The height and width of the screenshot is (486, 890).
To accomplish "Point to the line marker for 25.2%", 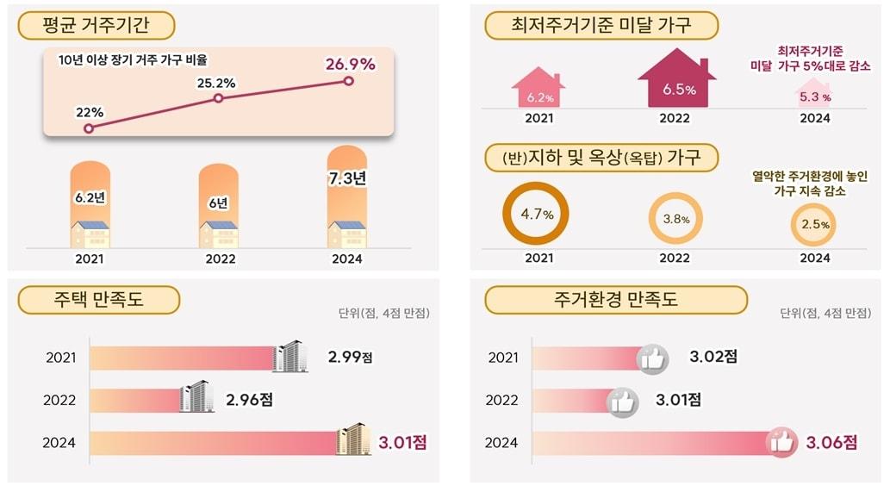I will (x=218, y=98).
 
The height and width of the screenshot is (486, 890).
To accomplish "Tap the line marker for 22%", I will (x=89, y=128).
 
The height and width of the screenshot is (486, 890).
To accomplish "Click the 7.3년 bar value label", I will (x=347, y=178).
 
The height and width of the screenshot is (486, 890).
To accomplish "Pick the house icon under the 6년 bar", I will (x=219, y=234).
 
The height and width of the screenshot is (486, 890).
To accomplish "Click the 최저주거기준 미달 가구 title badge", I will (x=601, y=26).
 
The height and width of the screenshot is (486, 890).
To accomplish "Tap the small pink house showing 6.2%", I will (x=538, y=90).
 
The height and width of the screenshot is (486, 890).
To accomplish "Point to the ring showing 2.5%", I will (x=814, y=224).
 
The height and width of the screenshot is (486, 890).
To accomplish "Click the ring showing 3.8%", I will (x=675, y=219).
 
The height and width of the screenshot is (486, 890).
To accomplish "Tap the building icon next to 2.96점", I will (x=197, y=397).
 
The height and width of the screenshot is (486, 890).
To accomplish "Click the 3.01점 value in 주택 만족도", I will (x=402, y=443).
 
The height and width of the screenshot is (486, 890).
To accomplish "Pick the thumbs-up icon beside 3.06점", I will (x=781, y=442).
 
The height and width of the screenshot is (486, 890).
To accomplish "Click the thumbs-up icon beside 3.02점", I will (x=652, y=358).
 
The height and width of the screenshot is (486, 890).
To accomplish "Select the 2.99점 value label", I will (x=353, y=356).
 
